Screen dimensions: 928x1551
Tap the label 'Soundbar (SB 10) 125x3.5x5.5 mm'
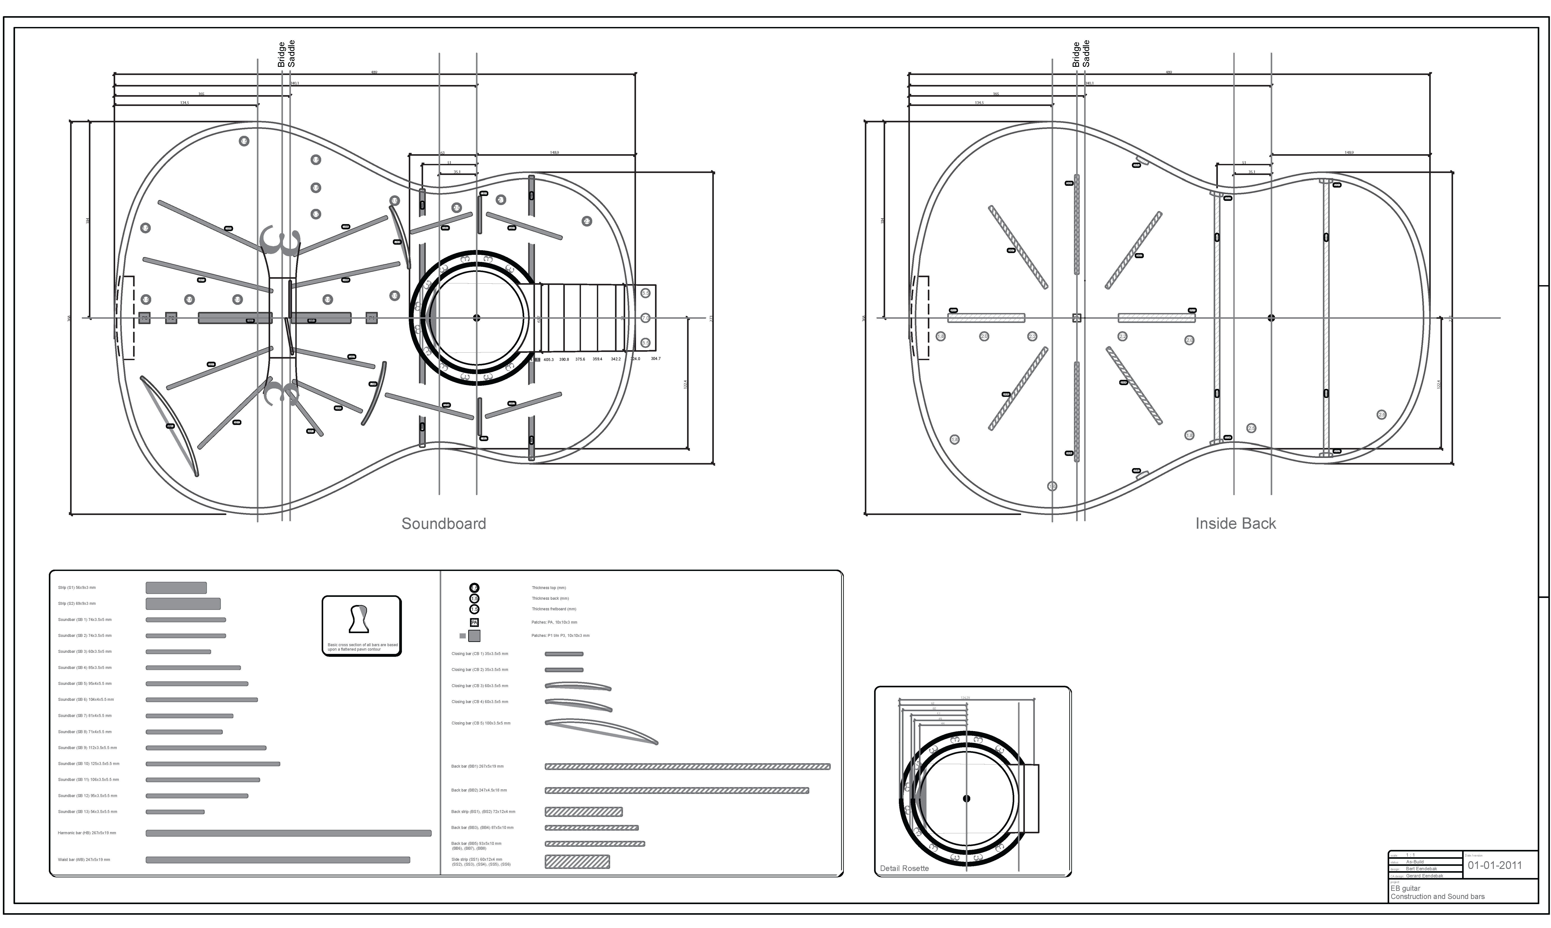[x=89, y=764]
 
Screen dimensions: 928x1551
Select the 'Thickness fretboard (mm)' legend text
[x=554, y=609]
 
